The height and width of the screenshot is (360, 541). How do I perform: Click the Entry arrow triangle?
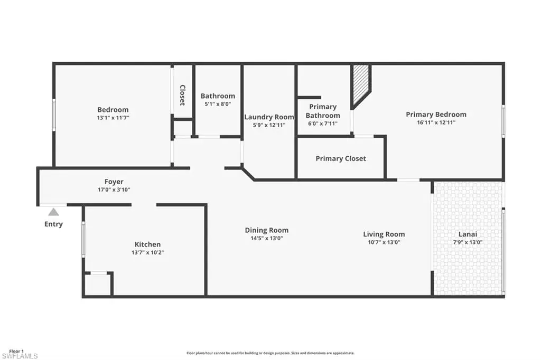point(53,212)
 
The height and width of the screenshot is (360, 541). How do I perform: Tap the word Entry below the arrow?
point(53,224)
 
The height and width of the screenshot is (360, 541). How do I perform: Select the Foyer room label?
point(114,182)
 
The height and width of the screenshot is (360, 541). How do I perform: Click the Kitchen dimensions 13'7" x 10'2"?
point(148,252)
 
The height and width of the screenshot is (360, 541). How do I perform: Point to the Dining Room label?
point(267,230)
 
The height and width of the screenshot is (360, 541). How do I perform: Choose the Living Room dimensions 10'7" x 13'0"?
point(384,242)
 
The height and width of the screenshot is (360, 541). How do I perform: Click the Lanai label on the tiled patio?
point(468,234)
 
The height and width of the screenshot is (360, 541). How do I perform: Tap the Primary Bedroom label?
point(436,115)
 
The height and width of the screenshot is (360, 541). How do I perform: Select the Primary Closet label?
point(341,158)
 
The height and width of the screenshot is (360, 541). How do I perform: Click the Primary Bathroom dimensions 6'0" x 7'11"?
point(323,124)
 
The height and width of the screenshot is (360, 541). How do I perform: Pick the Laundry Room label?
point(269,117)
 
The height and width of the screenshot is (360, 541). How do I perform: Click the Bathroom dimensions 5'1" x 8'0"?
point(218,104)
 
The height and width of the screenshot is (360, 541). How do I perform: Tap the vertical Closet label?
point(182,95)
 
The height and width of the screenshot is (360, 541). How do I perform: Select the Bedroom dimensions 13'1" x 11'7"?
point(113,118)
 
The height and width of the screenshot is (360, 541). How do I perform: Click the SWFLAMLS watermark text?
point(20,356)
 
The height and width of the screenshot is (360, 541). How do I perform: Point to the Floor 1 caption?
point(16,352)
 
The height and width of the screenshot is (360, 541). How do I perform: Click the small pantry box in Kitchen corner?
point(98,284)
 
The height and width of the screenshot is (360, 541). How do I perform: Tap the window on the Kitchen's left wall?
point(83,239)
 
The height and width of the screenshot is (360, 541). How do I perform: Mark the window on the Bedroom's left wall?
point(54,115)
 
